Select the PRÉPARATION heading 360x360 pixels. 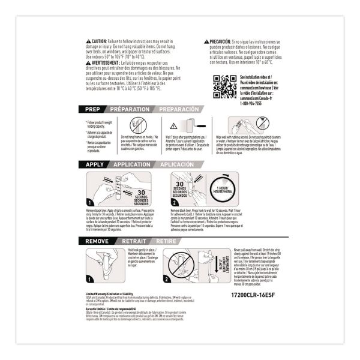[130, 110]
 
